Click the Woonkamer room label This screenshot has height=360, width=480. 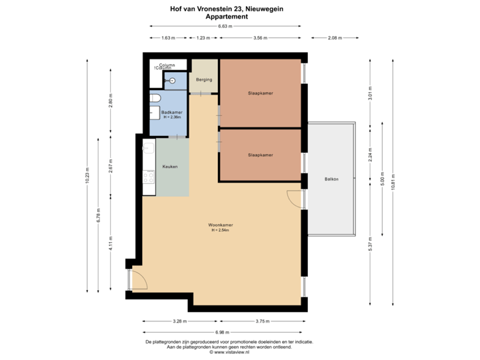(x=221, y=226)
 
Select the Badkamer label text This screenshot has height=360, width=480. (x=163, y=113)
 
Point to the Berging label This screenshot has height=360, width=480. (x=204, y=80)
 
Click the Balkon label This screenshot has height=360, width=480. (x=331, y=179)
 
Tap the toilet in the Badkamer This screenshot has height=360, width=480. (x=155, y=99)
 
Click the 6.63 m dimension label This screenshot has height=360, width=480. (x=225, y=26)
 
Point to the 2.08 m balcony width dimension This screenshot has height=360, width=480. (x=334, y=38)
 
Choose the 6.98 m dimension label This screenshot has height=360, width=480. (x=222, y=332)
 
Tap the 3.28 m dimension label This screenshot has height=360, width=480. (x=179, y=321)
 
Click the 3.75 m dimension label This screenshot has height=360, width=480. (x=263, y=321)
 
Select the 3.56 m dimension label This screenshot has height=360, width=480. (x=261, y=38)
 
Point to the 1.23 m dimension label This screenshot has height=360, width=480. (x=203, y=38)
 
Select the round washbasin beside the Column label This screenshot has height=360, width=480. (x=173, y=81)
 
